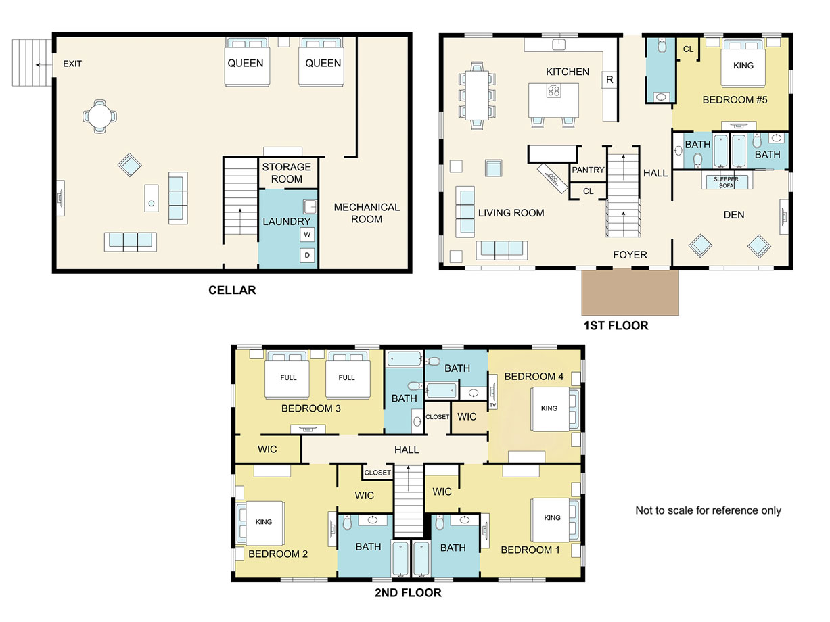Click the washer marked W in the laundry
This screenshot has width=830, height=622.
307,235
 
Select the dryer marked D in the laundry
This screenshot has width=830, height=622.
307,255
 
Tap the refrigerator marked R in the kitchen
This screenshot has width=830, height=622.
609,80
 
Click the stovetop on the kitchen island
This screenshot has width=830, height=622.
553,91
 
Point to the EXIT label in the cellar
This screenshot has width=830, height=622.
72,64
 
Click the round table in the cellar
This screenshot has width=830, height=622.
100,116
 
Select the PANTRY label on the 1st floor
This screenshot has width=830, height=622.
588,170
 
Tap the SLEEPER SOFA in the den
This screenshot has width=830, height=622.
726,181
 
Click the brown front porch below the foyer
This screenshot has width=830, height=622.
630,292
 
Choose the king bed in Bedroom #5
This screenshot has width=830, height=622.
743,62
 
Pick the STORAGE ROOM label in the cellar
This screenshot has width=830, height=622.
287,172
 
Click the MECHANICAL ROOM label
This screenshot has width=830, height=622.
367,213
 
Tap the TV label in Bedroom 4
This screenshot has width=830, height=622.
492,405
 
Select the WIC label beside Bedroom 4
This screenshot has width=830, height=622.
467,416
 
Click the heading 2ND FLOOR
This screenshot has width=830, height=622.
408,592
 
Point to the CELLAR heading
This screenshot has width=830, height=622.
232,290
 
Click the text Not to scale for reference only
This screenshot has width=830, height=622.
708,510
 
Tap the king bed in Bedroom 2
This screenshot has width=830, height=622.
261,523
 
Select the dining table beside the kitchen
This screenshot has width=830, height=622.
477,95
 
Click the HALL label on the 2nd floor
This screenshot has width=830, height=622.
407,450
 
